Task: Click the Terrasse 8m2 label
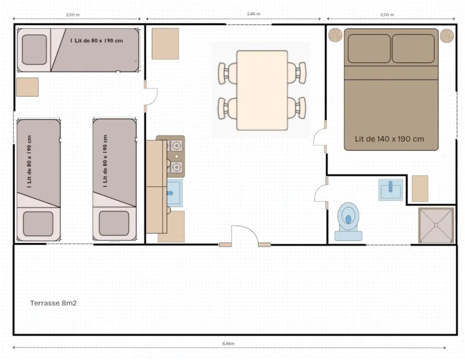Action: (53, 303)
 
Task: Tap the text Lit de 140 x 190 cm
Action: (389, 139)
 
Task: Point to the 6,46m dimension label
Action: (228, 344)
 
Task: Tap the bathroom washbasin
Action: (391, 190)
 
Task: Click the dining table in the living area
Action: (262, 90)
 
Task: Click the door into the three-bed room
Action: (150, 97)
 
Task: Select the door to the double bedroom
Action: (320, 137)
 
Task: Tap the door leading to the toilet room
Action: (321, 194)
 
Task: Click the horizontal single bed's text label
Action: (96, 41)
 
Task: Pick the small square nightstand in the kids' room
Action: (27, 87)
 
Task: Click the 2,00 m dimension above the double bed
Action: (387, 14)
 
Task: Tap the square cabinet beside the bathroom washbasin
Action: (420, 188)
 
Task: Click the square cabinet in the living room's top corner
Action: (165, 44)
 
